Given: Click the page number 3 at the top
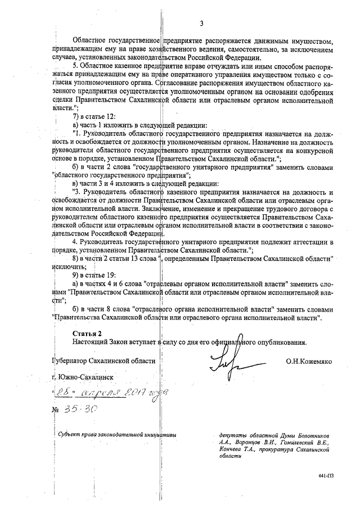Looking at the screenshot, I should pyautogui.click(x=201, y=23).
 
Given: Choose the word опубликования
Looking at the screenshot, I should pyautogui.click(x=281, y=342).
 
